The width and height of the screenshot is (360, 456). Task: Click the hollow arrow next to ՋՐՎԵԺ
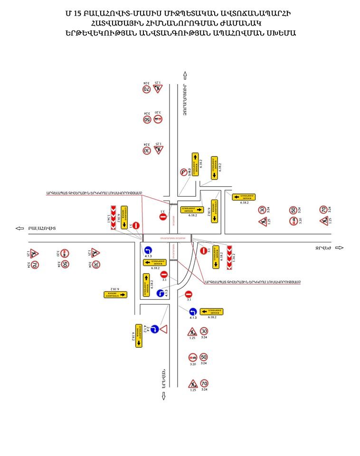(x=339, y=247)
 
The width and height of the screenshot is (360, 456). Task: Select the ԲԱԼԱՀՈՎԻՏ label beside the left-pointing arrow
(x=42, y=228)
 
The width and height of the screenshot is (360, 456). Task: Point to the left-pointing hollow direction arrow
(x=19, y=228)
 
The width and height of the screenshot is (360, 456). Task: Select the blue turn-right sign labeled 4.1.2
(x=155, y=328)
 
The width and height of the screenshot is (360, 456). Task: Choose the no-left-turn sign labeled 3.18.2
(x=183, y=173)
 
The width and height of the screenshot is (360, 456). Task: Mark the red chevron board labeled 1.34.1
(x=113, y=218)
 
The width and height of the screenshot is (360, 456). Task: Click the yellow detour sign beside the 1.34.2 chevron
(x=216, y=256)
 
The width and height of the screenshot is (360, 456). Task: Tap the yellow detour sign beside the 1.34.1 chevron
(x=124, y=218)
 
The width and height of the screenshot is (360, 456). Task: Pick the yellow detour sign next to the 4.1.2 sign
(x=139, y=335)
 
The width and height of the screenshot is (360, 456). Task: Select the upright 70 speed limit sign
(x=204, y=383)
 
